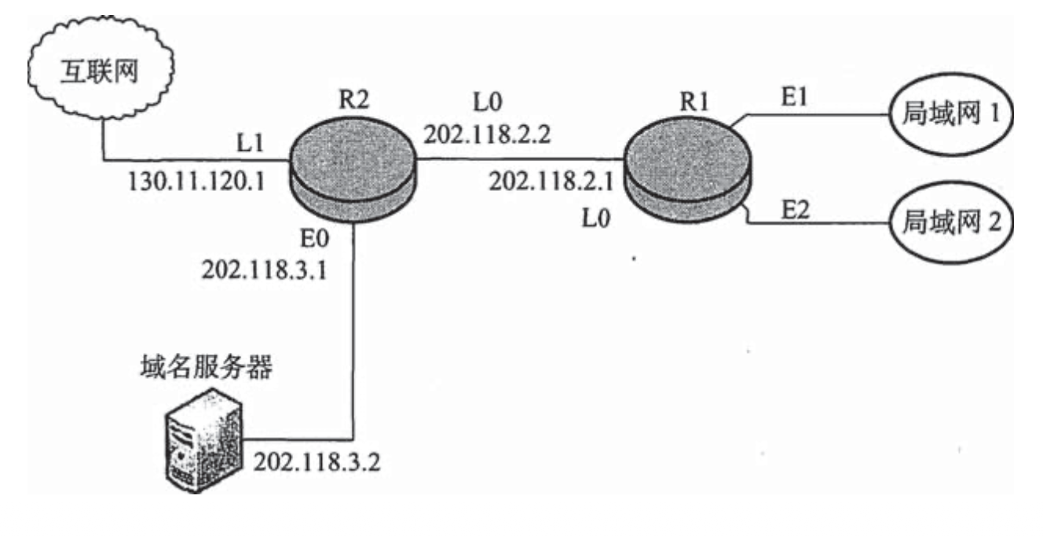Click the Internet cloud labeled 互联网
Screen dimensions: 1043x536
point(101,68)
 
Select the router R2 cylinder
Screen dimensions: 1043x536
point(353,171)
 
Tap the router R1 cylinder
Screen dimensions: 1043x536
point(687,170)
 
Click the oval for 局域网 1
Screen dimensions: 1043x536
point(951,114)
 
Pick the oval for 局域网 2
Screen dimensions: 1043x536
point(951,222)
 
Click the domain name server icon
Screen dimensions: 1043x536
point(204,441)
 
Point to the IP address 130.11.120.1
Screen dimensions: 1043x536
point(196,182)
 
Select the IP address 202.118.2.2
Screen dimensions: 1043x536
point(487,134)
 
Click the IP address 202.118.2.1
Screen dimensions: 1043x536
point(551,182)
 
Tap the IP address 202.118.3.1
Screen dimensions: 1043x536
point(265,270)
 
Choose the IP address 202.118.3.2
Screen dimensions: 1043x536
point(317,462)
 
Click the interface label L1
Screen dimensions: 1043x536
point(250,142)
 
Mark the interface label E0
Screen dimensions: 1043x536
point(315,239)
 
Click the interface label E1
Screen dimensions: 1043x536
point(794,97)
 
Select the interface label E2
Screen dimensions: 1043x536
point(796,209)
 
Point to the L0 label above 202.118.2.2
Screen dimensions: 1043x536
point(488,101)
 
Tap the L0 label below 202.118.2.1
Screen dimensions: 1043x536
point(596,218)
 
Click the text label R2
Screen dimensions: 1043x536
point(354,99)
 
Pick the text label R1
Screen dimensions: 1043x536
point(694,101)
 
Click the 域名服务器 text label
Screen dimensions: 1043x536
point(207,367)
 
